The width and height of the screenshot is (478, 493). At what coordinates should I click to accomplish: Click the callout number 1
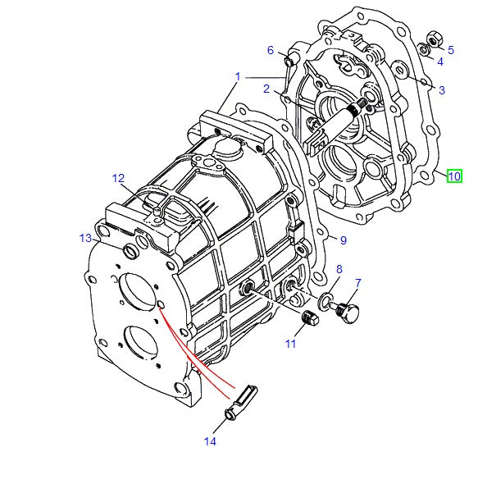pos(238,76)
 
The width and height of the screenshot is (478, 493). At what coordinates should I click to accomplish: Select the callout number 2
pos(266,89)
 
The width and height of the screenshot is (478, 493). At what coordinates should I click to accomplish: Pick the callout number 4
pos(440,61)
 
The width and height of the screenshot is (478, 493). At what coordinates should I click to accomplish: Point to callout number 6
pos(271,50)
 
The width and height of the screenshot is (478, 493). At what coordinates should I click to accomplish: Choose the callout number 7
pos(357,283)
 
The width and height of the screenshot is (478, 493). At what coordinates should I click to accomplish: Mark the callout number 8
pos(339,269)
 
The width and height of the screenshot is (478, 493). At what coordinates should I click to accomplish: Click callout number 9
pos(344,240)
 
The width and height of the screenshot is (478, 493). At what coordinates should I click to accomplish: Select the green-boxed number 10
pos(454,175)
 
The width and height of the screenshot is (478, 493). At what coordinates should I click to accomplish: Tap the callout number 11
pos(290,344)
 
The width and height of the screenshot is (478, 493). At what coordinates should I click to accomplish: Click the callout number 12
pos(119,178)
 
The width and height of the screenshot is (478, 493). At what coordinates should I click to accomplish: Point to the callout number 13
pos(86,238)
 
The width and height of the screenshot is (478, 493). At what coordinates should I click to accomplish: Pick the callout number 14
pos(211,441)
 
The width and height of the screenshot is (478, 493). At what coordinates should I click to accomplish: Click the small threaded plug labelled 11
pos(309,319)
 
